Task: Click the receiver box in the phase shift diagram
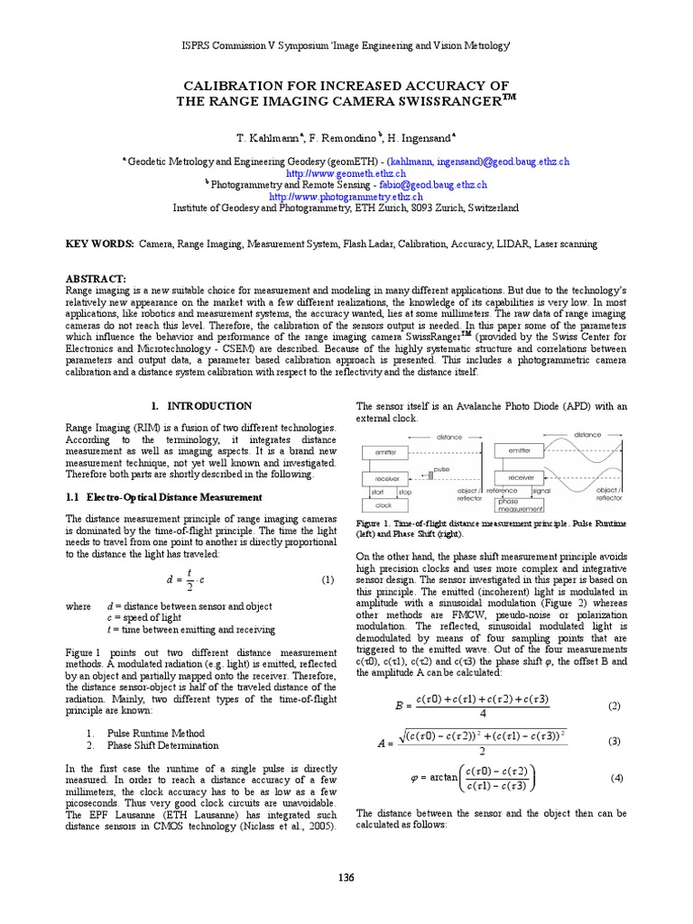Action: (521, 477)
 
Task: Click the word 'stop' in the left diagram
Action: (403, 492)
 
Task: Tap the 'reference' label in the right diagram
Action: (503, 492)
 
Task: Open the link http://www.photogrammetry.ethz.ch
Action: (346, 195)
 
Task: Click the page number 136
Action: (346, 877)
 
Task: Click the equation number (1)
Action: (328, 580)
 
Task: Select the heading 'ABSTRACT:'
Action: (97, 280)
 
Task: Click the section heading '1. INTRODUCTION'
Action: (200, 406)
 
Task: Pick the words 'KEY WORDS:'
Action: (99, 244)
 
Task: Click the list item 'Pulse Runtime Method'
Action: (155, 734)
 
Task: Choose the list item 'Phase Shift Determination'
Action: (162, 745)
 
